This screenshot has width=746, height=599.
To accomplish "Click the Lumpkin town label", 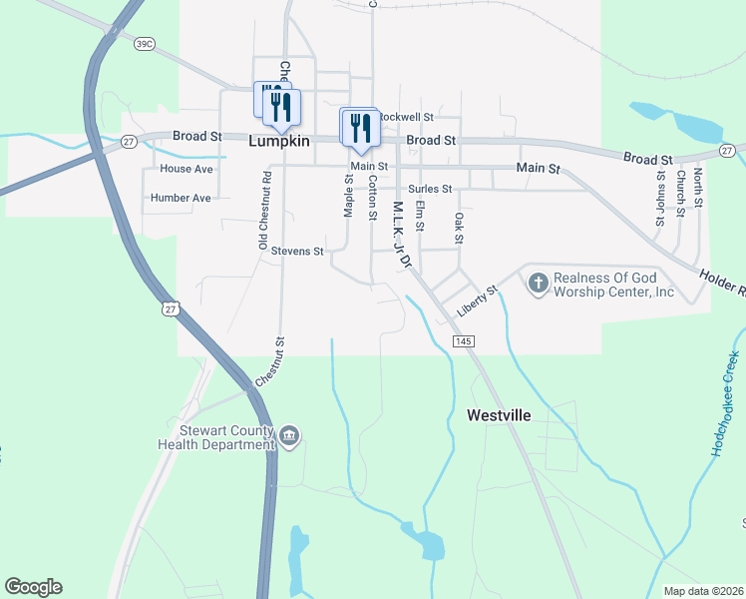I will click(x=279, y=142).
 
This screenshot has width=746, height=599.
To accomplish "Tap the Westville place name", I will click(x=499, y=414).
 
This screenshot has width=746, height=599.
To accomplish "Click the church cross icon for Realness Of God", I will click(x=538, y=284).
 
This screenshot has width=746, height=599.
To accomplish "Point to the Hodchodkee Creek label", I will click(x=725, y=404).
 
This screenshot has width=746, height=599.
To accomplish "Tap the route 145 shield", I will click(x=462, y=341).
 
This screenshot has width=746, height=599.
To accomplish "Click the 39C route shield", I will click(x=145, y=43).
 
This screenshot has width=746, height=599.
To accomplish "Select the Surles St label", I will click(x=430, y=188).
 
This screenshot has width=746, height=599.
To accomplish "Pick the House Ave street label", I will click(x=186, y=169).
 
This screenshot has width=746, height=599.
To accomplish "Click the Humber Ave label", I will click(x=181, y=198).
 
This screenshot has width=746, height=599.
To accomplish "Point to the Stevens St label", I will click(x=297, y=252).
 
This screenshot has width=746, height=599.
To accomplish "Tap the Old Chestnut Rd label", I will click(x=265, y=211).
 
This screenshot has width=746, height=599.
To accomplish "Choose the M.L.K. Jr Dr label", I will click(x=401, y=236).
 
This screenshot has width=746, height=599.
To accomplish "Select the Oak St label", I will click(x=460, y=227).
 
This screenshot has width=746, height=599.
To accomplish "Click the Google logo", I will click(x=33, y=587).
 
